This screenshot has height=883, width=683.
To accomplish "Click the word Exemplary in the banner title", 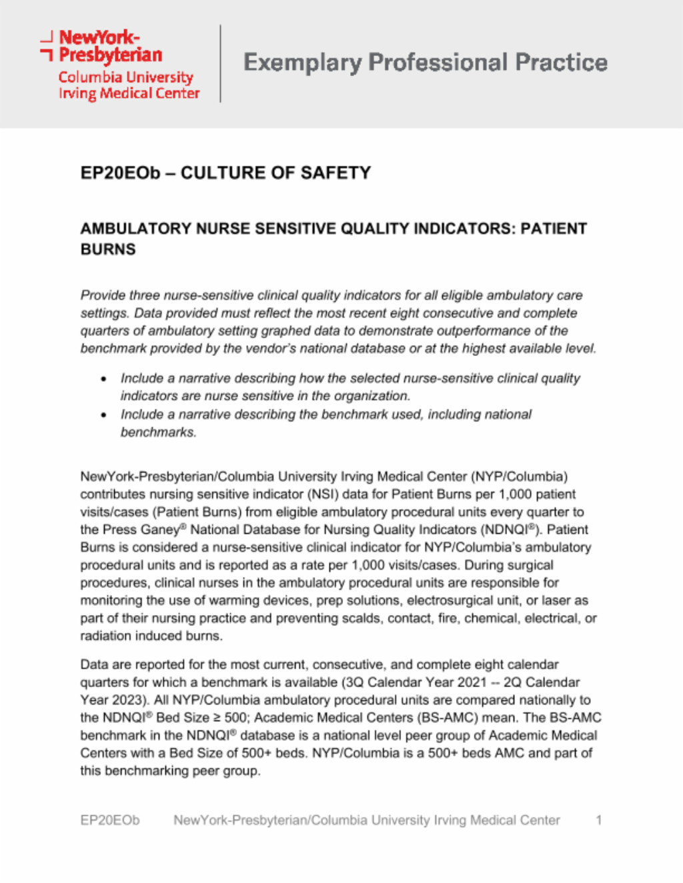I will tap(302, 63).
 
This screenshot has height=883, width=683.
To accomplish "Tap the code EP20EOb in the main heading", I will tap(120, 173).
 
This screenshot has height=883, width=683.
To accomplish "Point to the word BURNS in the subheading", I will tap(108, 249).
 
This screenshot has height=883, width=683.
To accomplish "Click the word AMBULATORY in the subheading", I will tap(135, 229).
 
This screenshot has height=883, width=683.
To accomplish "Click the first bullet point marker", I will tap(103, 379).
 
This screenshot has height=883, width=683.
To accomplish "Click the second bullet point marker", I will tap(103, 415).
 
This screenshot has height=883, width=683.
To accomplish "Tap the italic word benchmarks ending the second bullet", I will tap(158, 433).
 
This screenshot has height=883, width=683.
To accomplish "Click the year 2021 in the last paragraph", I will tap(472, 682).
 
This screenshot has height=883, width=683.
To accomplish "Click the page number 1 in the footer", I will tap(598, 820).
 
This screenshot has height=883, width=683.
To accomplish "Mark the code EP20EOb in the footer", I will tap(110, 820).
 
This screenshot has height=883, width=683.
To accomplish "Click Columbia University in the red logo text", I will tap(125, 77).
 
